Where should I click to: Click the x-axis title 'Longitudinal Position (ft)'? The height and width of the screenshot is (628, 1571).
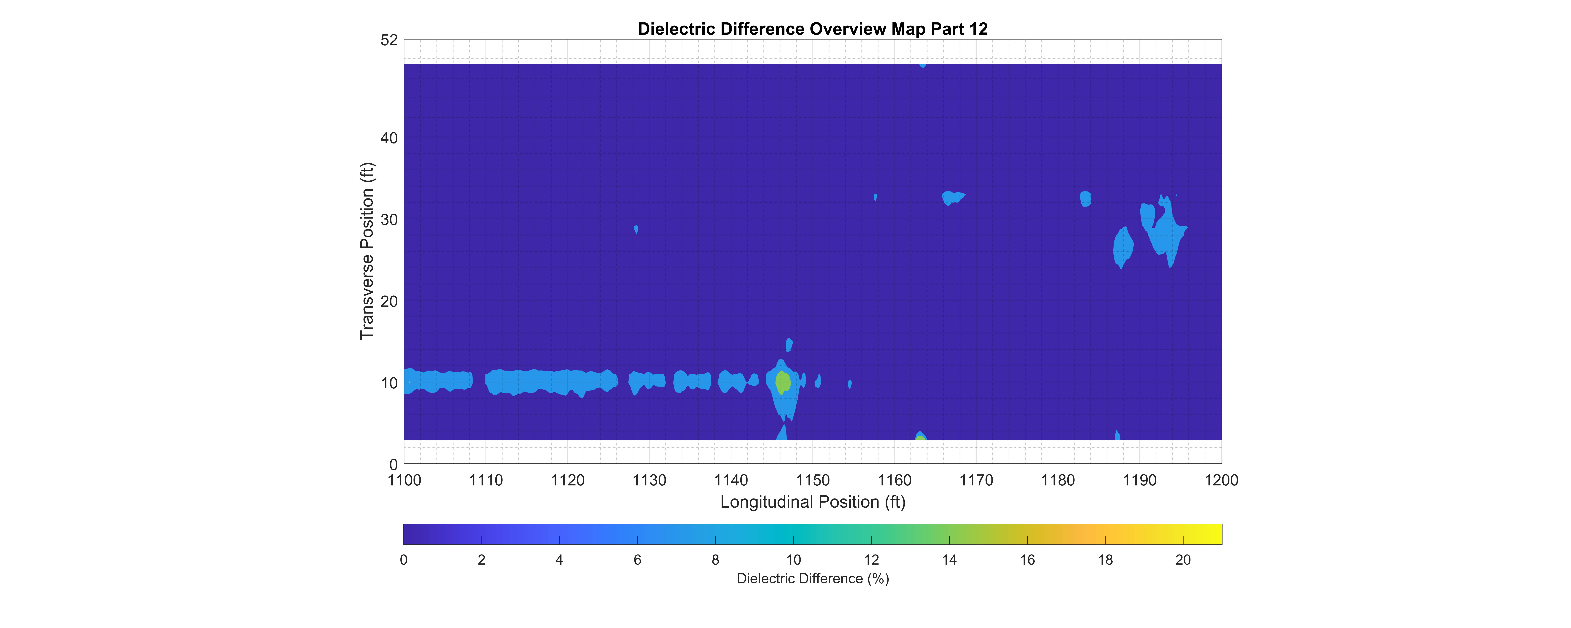pyautogui.click(x=812, y=502)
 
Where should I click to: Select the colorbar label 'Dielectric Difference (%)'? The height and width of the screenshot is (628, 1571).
pyautogui.click(x=812, y=579)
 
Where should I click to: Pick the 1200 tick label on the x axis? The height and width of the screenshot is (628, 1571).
pyautogui.click(x=1221, y=480)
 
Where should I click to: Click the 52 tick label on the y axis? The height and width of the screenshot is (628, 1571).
pyautogui.click(x=389, y=40)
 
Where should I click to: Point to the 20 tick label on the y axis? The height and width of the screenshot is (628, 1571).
pyautogui.click(x=389, y=301)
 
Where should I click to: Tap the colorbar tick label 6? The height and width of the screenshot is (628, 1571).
pyautogui.click(x=637, y=560)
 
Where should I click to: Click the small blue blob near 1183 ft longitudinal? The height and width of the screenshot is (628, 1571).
pyautogui.click(x=1086, y=199)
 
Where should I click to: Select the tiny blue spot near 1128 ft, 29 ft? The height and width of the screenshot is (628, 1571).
pyautogui.click(x=636, y=229)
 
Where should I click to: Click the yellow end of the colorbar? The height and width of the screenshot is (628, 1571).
pyautogui.click(x=1214, y=534)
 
